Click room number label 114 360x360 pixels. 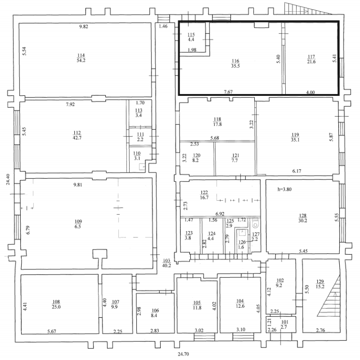pos(81,55)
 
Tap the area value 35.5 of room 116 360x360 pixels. pos(235,66)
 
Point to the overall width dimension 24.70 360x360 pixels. pos(183,354)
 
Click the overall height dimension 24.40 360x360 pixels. pos(8,180)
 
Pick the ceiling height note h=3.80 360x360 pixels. pos(284,189)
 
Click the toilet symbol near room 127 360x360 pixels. pos(255,223)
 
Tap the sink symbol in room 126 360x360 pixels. pos(242,232)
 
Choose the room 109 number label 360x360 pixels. pos(78,221)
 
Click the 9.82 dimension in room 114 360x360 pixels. pos(84,26)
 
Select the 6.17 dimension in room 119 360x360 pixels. pos(297,171)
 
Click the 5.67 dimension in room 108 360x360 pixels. pos(52,331)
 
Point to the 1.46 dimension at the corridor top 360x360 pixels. pos(163,26)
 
